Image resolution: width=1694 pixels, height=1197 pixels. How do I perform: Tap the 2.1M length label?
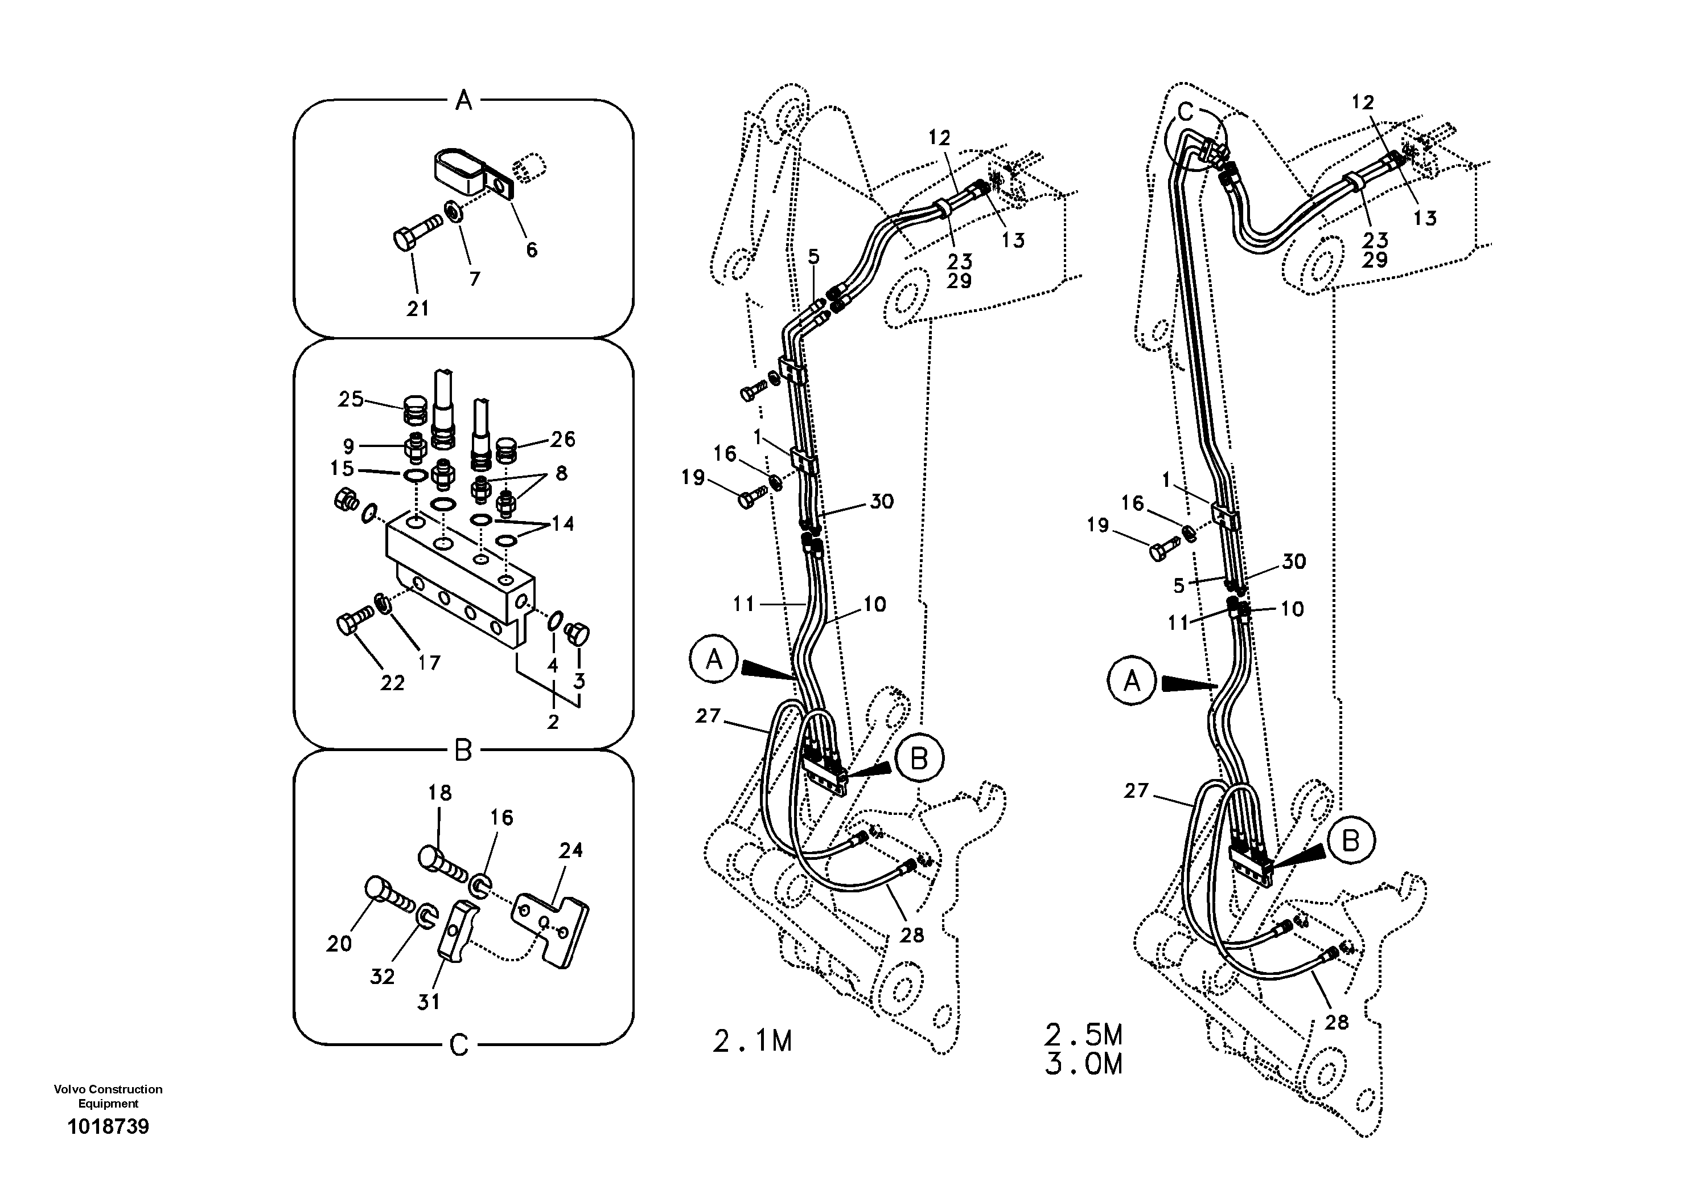(752, 1042)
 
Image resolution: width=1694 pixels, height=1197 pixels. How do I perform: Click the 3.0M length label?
(1083, 1064)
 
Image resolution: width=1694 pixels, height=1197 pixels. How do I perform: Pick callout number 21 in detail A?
(418, 309)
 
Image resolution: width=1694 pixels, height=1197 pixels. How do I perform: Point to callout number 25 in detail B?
(351, 399)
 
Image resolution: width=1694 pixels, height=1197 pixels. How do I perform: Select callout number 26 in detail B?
(562, 439)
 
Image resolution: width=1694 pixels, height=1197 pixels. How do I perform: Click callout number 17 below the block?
(429, 663)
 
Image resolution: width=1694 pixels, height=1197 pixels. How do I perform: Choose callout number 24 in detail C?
(570, 850)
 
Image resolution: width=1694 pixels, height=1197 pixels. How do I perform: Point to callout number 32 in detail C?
(382, 977)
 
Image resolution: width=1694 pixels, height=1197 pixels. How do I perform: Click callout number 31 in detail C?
(429, 1002)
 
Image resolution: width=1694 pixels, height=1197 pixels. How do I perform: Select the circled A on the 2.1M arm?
(713, 659)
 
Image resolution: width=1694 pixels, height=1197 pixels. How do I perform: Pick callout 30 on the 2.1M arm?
(882, 501)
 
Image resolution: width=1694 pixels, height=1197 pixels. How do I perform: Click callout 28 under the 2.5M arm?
(1336, 1022)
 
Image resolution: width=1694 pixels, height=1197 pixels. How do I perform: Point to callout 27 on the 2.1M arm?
(708, 715)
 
